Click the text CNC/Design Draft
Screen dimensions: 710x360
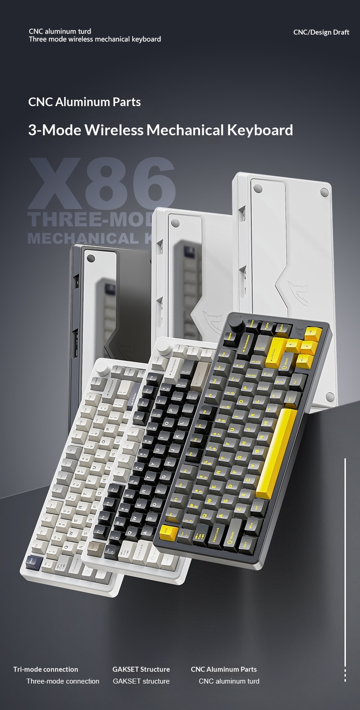click(x=321, y=32)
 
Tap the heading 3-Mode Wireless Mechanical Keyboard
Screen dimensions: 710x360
click(x=160, y=130)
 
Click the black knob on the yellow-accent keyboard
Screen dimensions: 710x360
click(x=237, y=322)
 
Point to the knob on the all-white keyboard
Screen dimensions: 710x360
click(x=103, y=367)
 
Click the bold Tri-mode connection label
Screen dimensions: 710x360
click(x=46, y=669)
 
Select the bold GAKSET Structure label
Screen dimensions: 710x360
click(x=141, y=669)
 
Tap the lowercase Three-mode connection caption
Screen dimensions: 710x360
click(x=63, y=681)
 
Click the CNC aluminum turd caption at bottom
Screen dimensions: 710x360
click(x=229, y=681)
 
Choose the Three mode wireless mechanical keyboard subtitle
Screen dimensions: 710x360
click(x=95, y=39)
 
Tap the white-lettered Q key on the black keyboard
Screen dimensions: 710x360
click(x=129, y=531)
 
